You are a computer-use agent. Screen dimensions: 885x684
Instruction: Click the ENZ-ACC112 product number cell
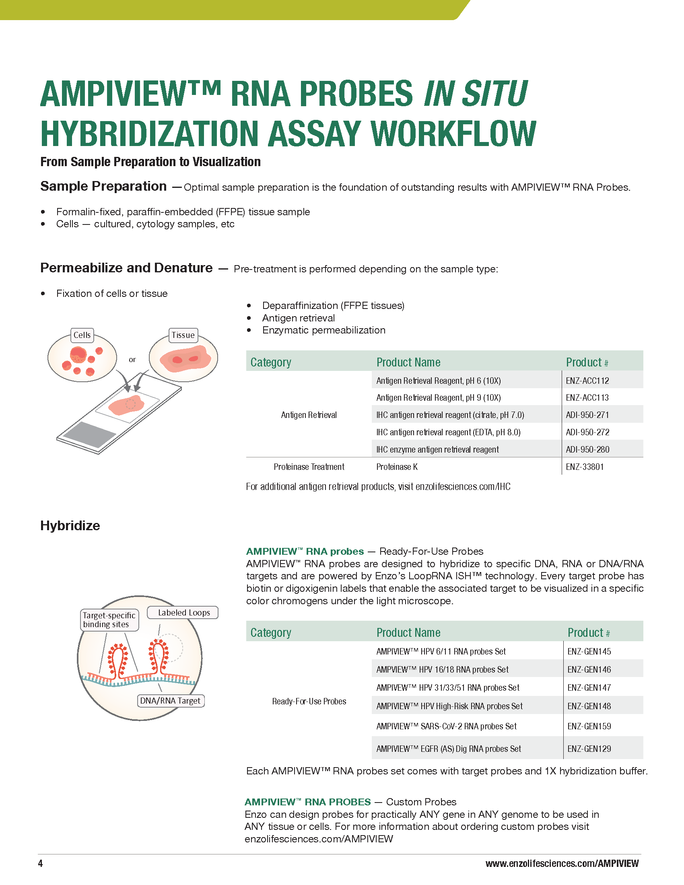pyautogui.click(x=587, y=381)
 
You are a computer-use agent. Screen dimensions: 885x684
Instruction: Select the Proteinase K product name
pyautogui.click(x=397, y=467)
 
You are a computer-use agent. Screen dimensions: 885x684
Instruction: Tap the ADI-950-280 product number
pyautogui.click(x=587, y=449)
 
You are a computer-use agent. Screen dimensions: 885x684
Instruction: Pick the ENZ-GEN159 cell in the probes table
pyautogui.click(x=589, y=726)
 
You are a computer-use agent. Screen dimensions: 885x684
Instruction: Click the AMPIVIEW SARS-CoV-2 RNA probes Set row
pyautogui.click(x=446, y=726)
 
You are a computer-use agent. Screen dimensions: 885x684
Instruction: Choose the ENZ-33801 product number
pyautogui.click(x=584, y=467)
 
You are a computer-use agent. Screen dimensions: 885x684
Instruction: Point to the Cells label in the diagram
pyautogui.click(x=82, y=335)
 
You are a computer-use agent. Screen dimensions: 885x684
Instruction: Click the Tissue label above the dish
pyautogui.click(x=183, y=335)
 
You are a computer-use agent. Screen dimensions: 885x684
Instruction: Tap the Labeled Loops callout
pyautogui.click(x=183, y=613)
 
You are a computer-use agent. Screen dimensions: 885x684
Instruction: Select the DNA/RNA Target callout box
pyautogui.click(x=170, y=701)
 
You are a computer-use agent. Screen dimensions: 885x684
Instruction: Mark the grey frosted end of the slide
pyautogui.click(x=90, y=435)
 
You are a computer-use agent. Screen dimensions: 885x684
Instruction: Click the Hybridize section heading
pyautogui.click(x=70, y=526)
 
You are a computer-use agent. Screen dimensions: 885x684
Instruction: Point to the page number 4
pyautogui.click(x=40, y=864)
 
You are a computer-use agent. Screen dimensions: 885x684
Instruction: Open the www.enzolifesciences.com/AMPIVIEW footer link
pyautogui.click(x=562, y=864)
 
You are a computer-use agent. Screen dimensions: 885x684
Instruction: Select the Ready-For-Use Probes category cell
pyautogui.click(x=309, y=702)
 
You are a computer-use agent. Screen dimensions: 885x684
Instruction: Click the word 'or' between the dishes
pyautogui.click(x=132, y=359)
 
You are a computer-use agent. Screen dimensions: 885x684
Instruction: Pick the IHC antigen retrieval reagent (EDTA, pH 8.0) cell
pyautogui.click(x=448, y=432)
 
